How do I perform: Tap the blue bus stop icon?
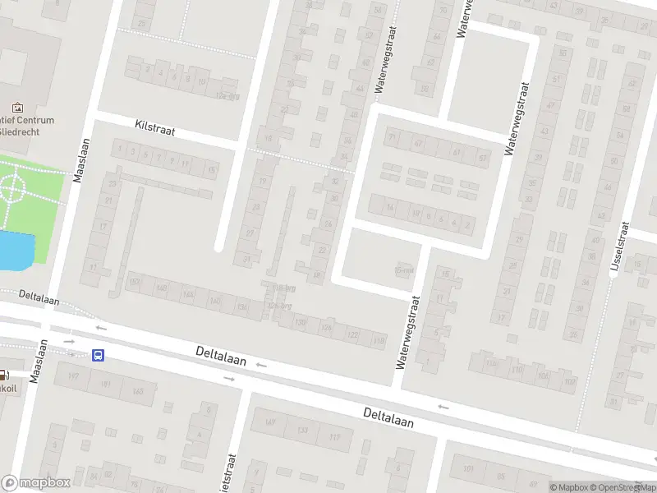pos(99,356)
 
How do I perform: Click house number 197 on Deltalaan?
pos(73,376)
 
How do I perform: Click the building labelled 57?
pos(482,157)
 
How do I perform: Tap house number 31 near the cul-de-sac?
pos(246,260)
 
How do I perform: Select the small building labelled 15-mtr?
pos(403,269)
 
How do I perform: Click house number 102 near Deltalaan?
pos(569,382)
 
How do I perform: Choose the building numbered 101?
pos(469,470)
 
